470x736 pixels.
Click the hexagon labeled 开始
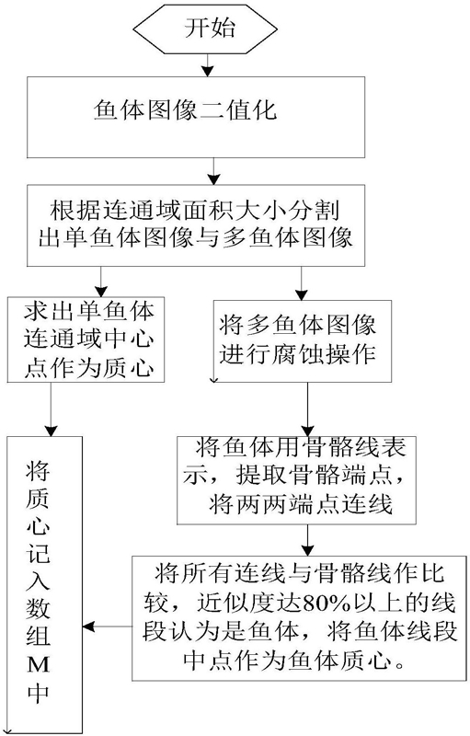coord(205,29)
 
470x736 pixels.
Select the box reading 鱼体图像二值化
coord(196,118)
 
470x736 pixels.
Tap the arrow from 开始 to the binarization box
coord(207,65)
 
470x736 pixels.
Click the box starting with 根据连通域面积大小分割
coord(196,225)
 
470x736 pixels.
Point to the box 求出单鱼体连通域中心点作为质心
coord(86,339)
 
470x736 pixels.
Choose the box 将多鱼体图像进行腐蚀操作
coord(303,341)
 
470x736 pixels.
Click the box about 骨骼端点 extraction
coord(296,480)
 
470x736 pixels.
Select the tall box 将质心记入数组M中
coord(44,585)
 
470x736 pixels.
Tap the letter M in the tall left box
coord(38,665)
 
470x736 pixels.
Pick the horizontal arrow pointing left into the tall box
coord(107,627)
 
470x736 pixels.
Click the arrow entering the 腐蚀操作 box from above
coord(301,283)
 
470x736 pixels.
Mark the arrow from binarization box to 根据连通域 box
coord(213,171)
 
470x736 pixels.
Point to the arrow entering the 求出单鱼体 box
coord(101,282)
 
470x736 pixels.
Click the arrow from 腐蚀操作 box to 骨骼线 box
coord(307,409)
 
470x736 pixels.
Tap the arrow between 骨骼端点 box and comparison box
coord(307,540)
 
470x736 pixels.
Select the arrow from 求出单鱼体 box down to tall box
coord(51,409)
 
